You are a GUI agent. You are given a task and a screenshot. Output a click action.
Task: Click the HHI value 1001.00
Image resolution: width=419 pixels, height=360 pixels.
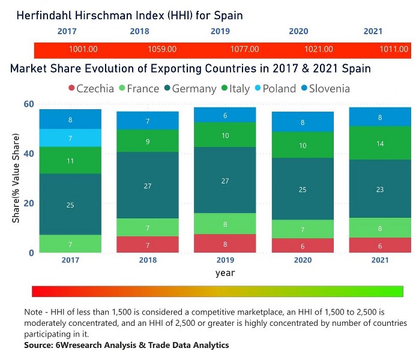pos(84,49)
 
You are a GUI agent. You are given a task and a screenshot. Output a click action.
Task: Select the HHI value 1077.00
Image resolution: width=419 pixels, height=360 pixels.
pos(245,49)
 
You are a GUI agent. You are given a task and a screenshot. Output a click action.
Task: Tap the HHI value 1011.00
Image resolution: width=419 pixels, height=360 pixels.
pos(394,49)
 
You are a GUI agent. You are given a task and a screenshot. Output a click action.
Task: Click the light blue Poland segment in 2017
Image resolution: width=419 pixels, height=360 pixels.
pos(71,138)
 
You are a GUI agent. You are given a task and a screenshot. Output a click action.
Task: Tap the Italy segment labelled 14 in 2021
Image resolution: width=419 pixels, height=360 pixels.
pos(380,143)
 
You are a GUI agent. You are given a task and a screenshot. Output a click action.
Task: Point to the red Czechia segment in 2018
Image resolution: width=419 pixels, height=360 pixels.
pos(148,244)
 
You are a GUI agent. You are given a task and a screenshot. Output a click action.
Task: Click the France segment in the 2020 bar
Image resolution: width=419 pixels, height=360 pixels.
pos(302,229)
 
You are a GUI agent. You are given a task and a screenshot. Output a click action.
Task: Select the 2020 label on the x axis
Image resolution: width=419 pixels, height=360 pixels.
pos(302,260)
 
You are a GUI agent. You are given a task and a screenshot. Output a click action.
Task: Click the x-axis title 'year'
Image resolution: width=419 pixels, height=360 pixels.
pos(225,272)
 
